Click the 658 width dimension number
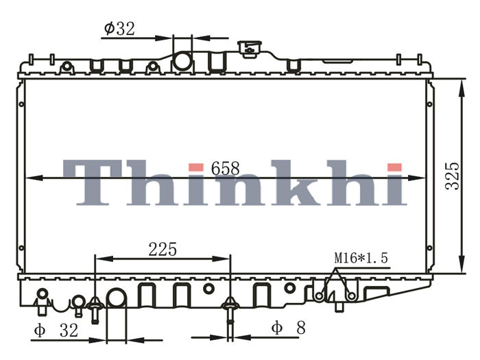[226, 169]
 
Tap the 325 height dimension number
[453, 176]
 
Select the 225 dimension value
[163, 249]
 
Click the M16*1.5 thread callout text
[361, 258]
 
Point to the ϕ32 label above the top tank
[119, 29]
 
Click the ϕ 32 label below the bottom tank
[56, 331]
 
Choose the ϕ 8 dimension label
[289, 328]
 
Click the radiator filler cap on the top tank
[250, 49]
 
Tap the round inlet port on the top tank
[183, 62]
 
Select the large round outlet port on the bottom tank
[116, 298]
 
